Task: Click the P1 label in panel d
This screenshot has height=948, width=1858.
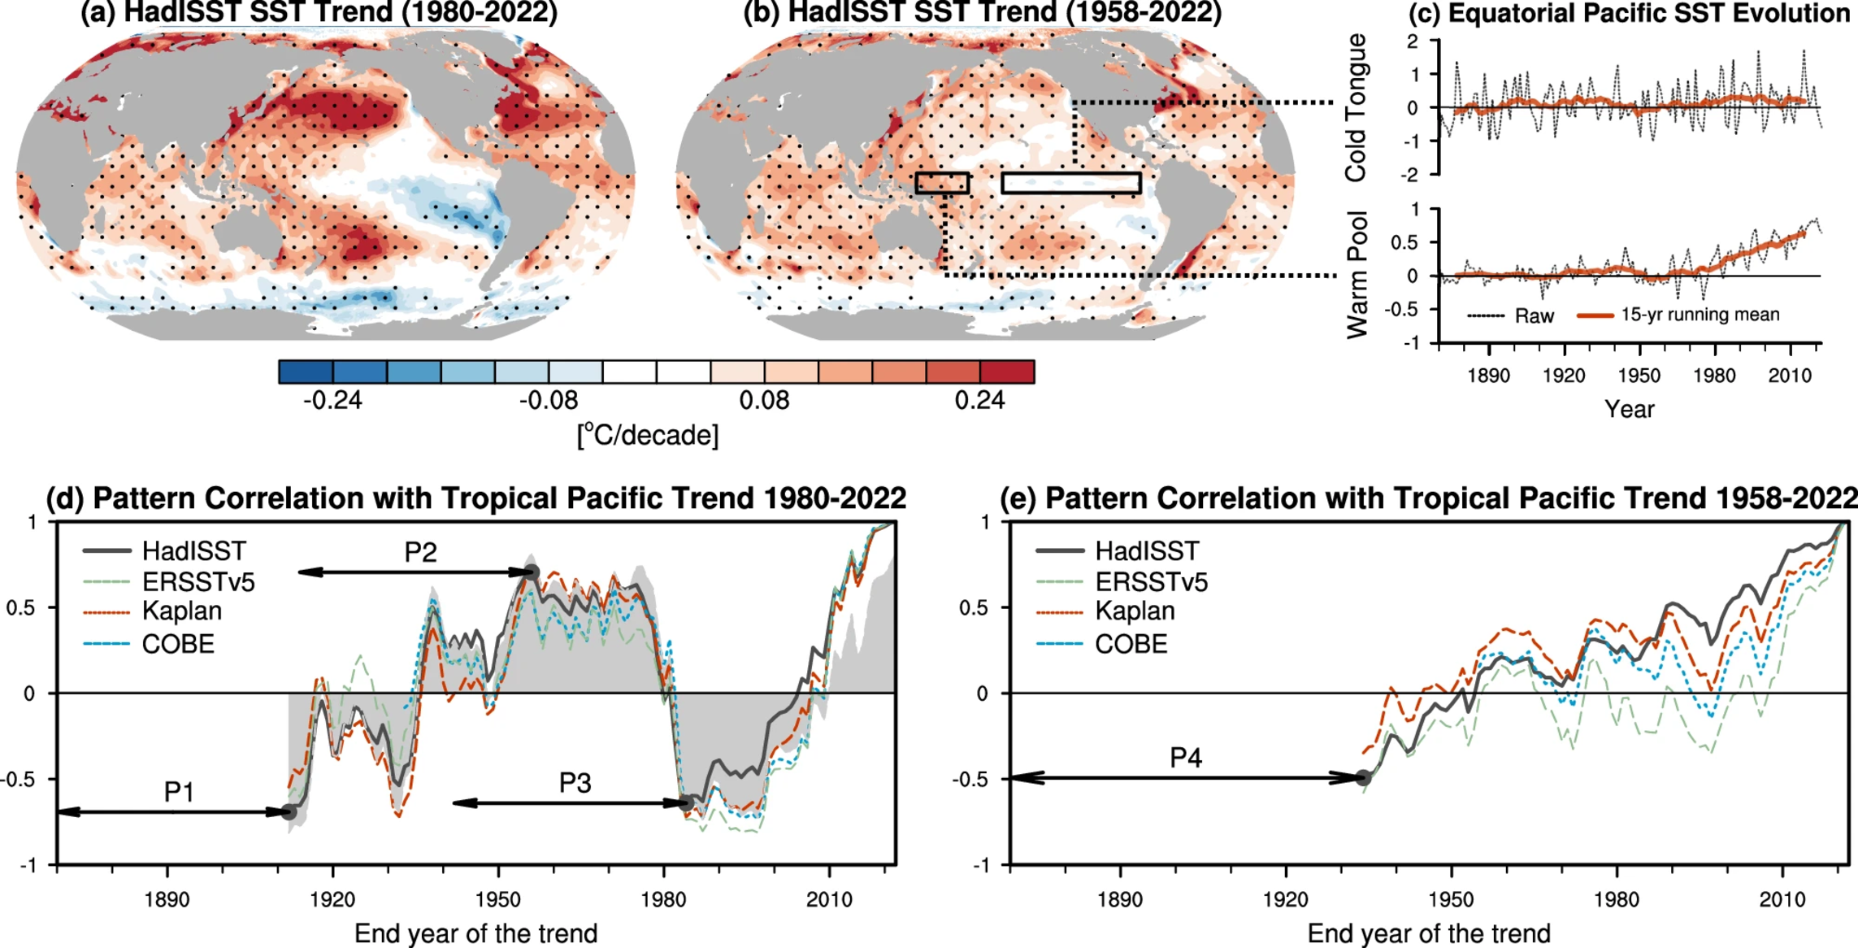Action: (179, 791)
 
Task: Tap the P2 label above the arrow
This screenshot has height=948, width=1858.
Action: (420, 553)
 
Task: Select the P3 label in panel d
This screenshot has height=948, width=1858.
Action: (575, 783)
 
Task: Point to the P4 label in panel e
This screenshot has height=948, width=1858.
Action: (1185, 758)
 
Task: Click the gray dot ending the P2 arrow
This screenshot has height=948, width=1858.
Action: (531, 572)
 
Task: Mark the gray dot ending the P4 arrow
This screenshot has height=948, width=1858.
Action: (1363, 778)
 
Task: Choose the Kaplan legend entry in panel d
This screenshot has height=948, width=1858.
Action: (181, 611)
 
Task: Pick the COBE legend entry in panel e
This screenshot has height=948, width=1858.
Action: (1131, 644)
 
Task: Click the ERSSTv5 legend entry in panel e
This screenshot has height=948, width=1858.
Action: (1151, 582)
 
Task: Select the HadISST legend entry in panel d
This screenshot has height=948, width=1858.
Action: (193, 551)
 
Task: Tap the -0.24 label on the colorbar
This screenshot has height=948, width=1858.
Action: (332, 400)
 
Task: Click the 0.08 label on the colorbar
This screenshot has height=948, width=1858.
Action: (764, 400)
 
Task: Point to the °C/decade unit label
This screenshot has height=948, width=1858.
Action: (648, 436)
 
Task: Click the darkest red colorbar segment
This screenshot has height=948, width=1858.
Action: (1007, 372)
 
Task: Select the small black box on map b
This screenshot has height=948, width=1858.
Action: (942, 183)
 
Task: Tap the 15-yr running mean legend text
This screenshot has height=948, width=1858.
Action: (1700, 315)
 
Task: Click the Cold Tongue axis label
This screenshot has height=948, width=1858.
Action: (1355, 107)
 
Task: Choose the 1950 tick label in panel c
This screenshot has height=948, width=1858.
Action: (1639, 376)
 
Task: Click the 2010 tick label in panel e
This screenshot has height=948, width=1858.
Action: (1782, 899)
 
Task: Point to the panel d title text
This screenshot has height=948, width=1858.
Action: (475, 498)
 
